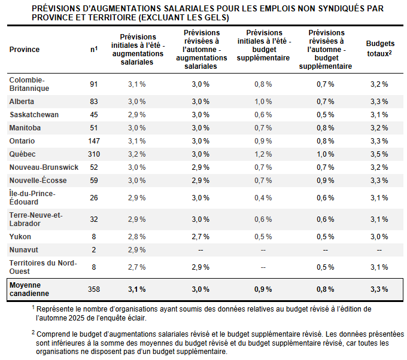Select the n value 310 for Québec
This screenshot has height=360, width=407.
(x=94, y=154)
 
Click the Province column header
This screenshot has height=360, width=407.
(x=25, y=50)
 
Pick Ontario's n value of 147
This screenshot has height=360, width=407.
(x=94, y=141)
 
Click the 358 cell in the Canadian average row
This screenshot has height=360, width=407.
(x=94, y=289)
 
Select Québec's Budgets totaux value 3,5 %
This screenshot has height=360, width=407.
(x=378, y=154)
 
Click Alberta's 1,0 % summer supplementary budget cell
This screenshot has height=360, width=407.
(x=263, y=101)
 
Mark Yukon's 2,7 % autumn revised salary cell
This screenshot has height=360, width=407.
(x=201, y=236)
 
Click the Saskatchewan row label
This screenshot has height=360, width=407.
(x=34, y=114)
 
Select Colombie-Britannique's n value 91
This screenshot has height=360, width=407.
(x=94, y=84)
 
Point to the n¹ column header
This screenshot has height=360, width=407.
(x=94, y=49)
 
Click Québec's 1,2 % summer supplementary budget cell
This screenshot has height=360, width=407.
(x=263, y=154)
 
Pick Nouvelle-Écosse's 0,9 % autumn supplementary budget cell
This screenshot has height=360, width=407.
(x=325, y=180)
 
